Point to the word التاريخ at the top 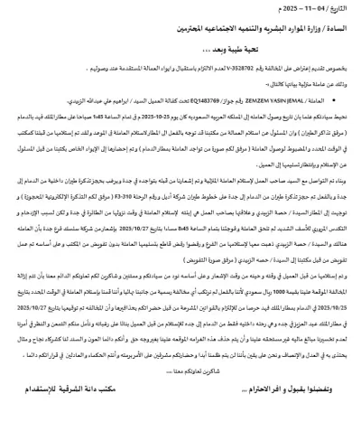[x=342, y=12]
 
